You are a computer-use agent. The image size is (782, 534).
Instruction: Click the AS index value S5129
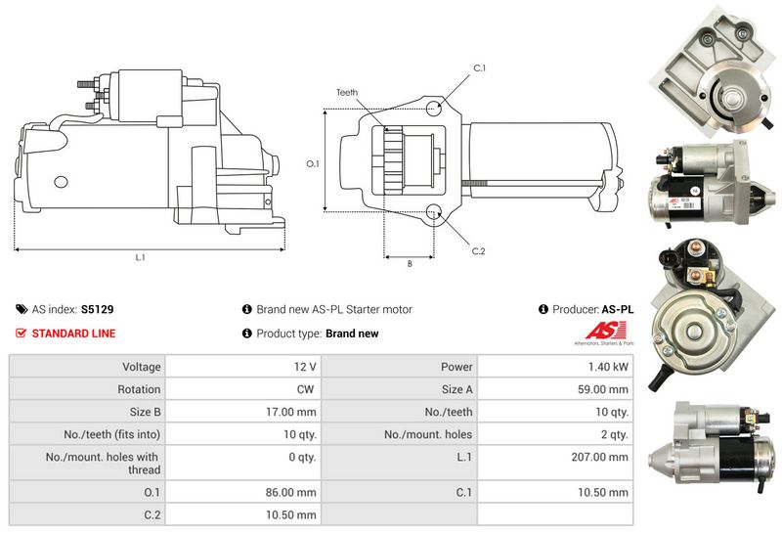[97, 309]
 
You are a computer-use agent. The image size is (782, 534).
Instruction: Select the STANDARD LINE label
[73, 334]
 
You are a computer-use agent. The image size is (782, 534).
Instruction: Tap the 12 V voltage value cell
[304, 367]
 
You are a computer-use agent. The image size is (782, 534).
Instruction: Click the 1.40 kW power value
[608, 367]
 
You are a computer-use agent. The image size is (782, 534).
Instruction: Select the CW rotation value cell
[306, 389]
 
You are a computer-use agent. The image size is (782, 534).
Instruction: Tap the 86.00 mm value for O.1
[294, 492]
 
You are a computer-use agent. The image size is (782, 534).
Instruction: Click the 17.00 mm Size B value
[294, 412]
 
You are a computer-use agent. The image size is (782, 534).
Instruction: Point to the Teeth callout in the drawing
[347, 92]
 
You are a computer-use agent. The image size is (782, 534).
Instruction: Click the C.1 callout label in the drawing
[480, 67]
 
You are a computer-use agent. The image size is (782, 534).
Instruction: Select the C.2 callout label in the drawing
[478, 251]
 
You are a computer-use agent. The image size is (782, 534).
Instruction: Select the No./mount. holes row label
[427, 434]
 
